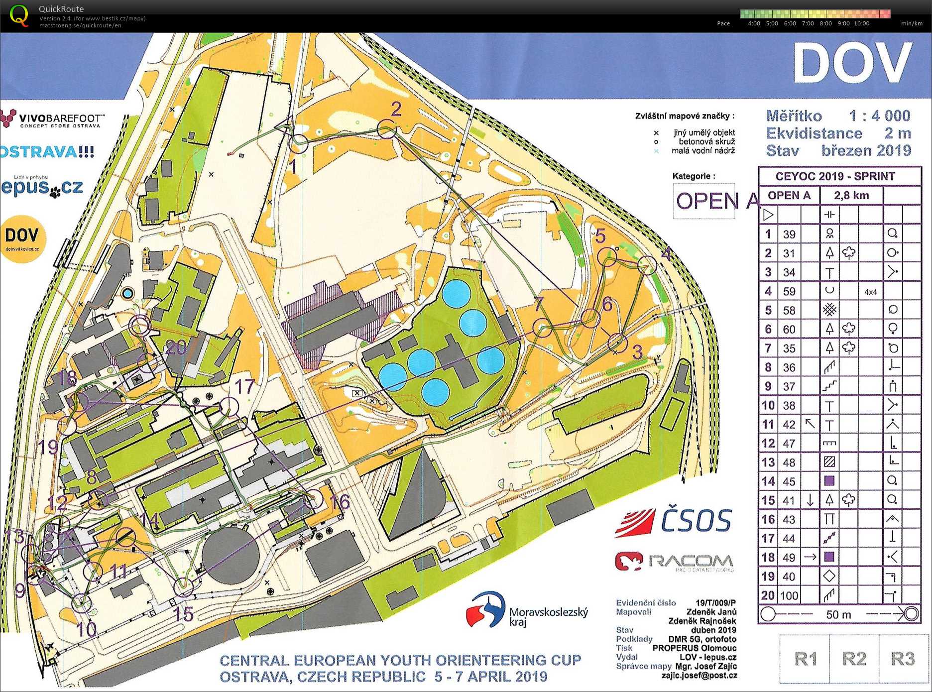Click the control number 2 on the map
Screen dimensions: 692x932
[396, 109]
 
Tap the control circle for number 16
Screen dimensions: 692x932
[314, 498]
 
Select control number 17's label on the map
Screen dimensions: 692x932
[244, 387]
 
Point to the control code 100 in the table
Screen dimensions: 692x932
[789, 595]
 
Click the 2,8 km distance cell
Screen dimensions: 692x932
[851, 196]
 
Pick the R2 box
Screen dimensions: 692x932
[854, 659]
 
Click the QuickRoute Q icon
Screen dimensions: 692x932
[19, 15]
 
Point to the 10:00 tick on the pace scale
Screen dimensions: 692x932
[861, 23]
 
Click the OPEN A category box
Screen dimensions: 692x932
[704, 201]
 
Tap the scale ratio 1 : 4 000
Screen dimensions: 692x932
[879, 116]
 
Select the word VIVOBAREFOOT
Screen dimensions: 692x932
[62, 118]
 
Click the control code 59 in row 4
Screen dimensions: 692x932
[789, 291]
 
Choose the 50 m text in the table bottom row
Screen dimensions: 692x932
[838, 614]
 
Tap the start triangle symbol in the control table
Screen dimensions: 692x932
[769, 215]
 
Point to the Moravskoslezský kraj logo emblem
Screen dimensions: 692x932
[485, 610]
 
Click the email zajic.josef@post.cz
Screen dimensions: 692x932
[699, 676]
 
